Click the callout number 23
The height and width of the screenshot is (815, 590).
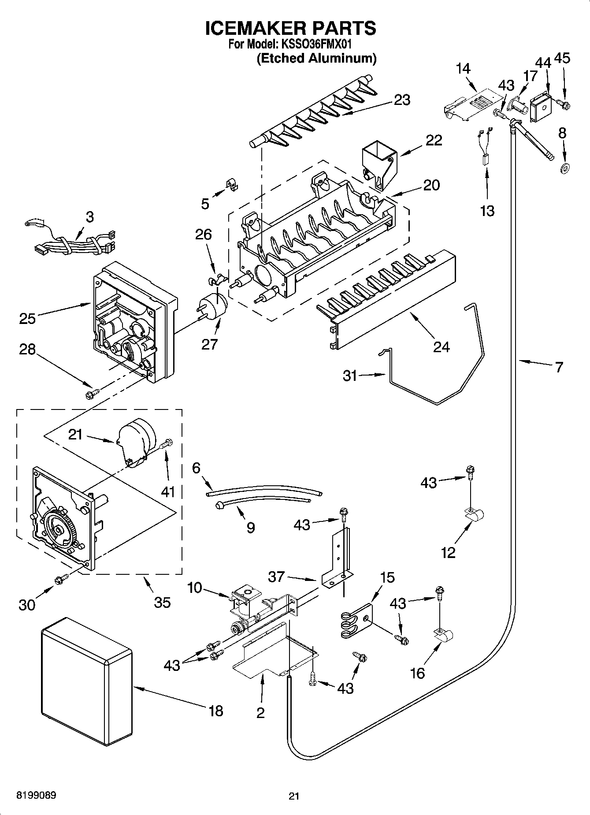[x=402, y=100]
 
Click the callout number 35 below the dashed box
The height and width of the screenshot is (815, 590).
[x=162, y=602]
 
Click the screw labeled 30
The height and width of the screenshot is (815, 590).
[x=60, y=580]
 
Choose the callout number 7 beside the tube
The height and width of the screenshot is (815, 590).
[x=559, y=367]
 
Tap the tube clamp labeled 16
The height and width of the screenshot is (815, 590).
[x=444, y=636]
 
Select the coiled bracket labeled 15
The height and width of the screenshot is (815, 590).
[x=356, y=621]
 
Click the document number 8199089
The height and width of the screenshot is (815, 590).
[x=36, y=796]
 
